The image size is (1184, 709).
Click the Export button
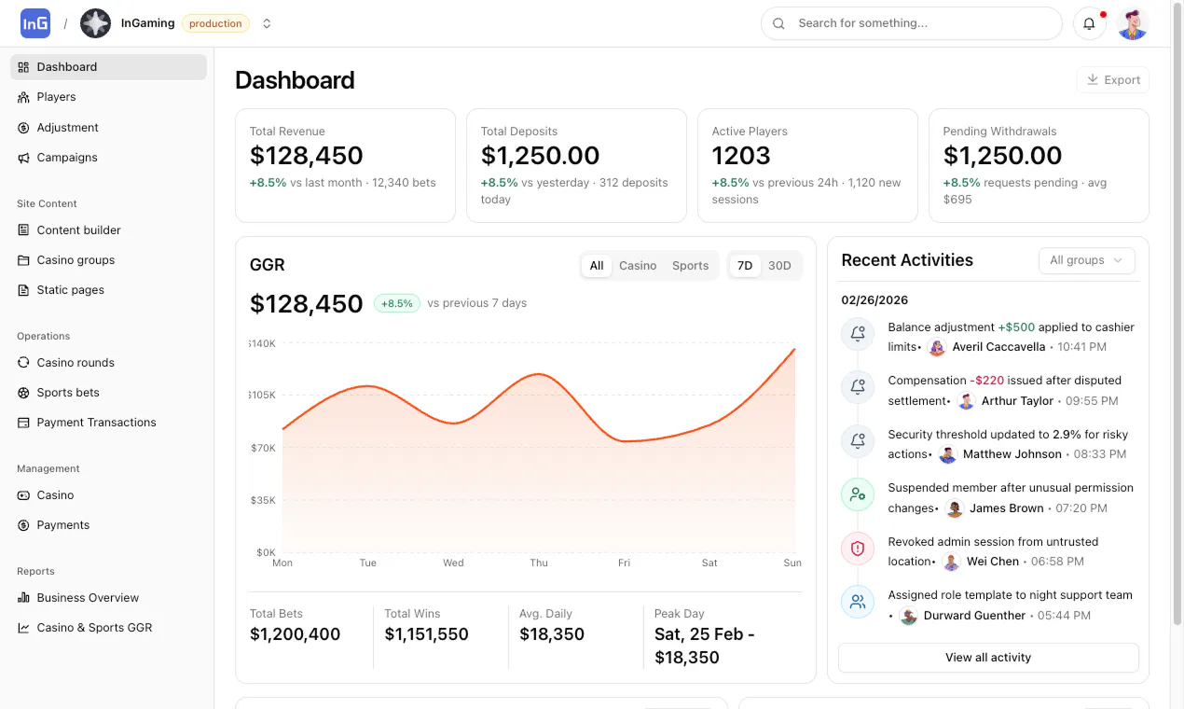pos(1112,80)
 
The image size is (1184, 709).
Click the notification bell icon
pos(1089,23)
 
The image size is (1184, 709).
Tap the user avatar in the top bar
pos(1132,23)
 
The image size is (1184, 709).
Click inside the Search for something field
pos(911,23)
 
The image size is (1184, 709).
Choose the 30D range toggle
pos(779,266)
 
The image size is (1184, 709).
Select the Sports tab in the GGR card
pos(690,266)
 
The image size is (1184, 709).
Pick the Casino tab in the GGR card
pos(638,266)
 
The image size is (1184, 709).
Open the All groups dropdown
pos(1086,260)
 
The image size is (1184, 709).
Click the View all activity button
pos(988,657)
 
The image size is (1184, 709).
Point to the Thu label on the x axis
pos(539,563)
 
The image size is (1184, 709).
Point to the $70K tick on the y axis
pos(263,448)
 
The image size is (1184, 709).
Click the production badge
pos(215,23)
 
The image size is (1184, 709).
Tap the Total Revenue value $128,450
pos(306,156)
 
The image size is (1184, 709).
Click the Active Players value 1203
pos(741,156)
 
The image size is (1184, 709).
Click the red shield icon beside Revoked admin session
pos(858,549)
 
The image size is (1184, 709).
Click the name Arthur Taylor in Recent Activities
pos(1017,400)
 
